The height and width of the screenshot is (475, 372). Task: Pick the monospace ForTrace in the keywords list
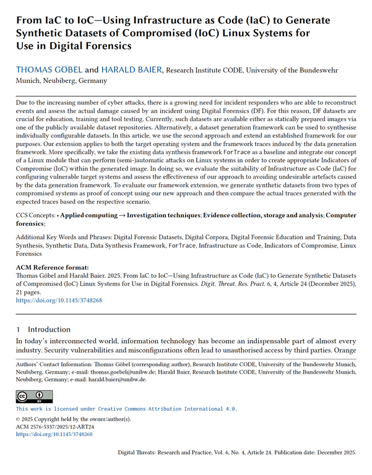pyautogui.click(x=183, y=246)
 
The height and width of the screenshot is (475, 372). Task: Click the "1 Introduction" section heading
pyautogui.click(x=43, y=329)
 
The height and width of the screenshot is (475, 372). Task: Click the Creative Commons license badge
pyautogui.click(x=34, y=396)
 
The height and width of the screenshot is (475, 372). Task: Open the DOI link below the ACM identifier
pyautogui.click(x=54, y=435)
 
